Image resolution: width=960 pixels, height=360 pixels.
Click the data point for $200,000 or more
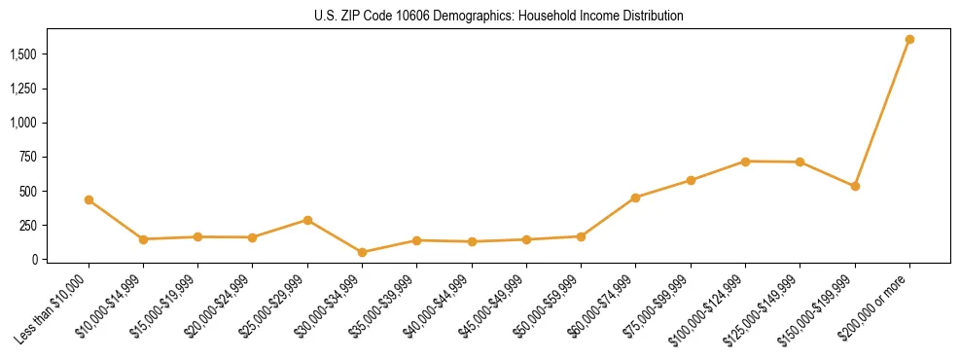point(909,40)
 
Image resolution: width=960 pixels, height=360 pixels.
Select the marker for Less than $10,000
point(89,199)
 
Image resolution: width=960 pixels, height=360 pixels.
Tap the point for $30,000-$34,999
point(362,252)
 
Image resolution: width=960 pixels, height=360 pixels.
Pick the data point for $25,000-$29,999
point(307,220)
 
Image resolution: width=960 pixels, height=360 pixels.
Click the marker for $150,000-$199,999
point(855,186)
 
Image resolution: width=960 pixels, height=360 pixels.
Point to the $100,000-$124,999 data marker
point(745,162)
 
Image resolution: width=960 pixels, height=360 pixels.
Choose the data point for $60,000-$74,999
point(635,198)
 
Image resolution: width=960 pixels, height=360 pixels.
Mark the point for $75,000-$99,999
point(691,180)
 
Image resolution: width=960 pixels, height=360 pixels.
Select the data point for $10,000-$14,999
point(143,239)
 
